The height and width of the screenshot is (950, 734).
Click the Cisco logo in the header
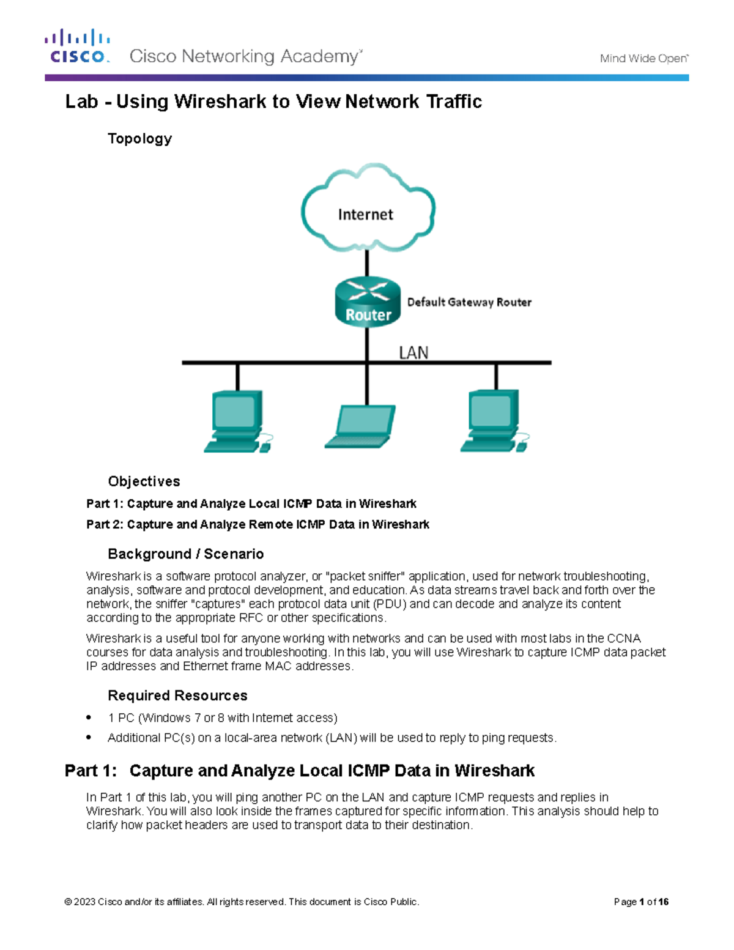point(77,46)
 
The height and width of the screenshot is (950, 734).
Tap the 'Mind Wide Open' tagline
point(643,59)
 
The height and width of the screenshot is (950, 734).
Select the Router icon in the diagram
point(368,302)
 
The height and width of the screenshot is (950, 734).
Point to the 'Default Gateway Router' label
point(469,302)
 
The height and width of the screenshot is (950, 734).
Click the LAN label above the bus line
point(413,353)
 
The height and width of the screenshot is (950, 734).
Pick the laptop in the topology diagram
point(361,427)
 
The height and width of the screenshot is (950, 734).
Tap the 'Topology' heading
point(139,139)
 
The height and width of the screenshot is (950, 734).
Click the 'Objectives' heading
point(144,481)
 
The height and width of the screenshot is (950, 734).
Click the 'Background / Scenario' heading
point(185,554)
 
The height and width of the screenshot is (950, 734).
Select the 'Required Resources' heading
point(177,696)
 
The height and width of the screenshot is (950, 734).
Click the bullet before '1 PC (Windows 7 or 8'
point(89,718)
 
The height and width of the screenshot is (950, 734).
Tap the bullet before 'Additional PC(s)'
point(89,738)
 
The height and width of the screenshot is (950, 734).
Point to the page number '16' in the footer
point(664,902)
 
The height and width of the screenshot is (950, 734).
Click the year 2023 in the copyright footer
point(84,902)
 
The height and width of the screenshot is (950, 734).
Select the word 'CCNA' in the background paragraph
point(623,638)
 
